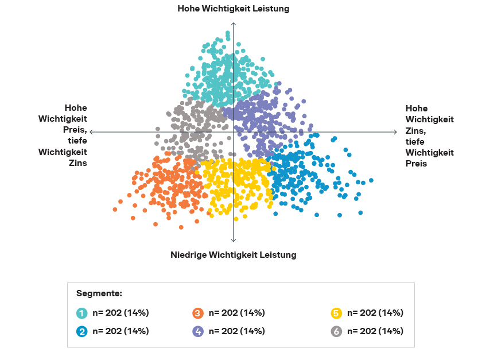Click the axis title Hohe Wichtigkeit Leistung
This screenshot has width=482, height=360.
233,9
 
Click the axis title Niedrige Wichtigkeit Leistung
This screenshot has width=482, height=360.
233,254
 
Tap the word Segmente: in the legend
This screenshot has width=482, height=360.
99,293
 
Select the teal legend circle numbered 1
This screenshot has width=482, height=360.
83,313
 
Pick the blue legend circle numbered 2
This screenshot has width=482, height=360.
83,331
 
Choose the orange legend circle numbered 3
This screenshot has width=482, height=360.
199,313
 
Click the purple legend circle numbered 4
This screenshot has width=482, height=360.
199,331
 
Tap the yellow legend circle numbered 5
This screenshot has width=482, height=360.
337,313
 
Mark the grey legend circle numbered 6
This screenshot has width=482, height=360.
337,331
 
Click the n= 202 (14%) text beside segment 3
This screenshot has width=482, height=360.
236,313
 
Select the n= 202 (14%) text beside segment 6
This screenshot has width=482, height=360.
375,331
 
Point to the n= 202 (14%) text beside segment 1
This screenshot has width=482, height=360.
120,313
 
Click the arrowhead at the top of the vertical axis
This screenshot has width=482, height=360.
234,23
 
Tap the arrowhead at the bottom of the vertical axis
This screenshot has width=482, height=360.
234,241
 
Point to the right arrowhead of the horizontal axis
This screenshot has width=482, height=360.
395,132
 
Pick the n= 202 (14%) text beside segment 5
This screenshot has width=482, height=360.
375,313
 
